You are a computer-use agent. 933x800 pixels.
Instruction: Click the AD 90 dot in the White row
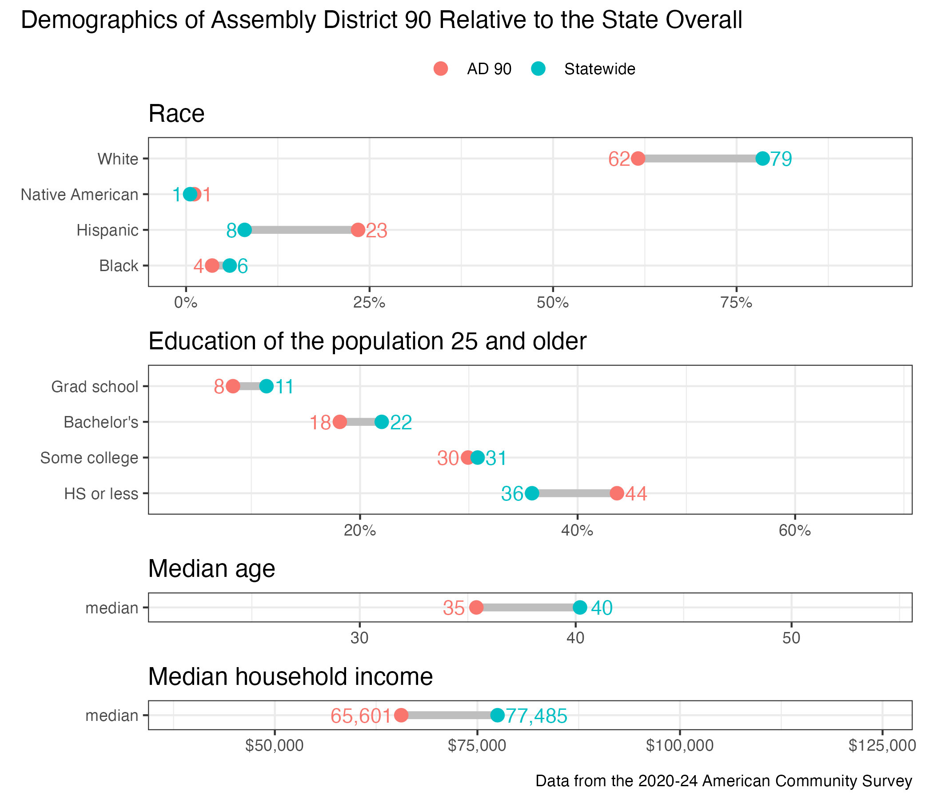click(x=638, y=159)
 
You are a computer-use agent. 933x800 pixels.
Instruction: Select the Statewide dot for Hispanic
click(x=244, y=230)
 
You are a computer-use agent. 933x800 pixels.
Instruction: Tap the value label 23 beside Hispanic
click(x=376, y=231)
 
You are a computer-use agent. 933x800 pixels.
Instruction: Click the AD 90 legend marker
click(x=441, y=69)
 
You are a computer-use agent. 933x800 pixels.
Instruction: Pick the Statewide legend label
click(x=599, y=69)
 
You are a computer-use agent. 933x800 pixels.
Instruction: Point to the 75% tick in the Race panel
click(x=736, y=303)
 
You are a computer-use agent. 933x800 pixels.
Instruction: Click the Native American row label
click(x=80, y=195)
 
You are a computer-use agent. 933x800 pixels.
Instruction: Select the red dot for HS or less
click(x=617, y=493)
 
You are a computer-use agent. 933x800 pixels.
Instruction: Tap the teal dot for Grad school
click(x=267, y=387)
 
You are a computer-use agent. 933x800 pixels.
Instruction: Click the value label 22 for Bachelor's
click(x=401, y=423)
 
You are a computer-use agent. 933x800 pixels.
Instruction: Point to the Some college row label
click(x=89, y=458)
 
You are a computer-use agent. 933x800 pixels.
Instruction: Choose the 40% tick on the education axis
click(x=577, y=531)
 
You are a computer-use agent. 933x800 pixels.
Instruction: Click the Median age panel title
click(x=211, y=568)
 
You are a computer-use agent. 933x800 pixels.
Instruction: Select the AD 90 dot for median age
click(x=476, y=607)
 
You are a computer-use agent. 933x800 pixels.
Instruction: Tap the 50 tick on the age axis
click(x=791, y=639)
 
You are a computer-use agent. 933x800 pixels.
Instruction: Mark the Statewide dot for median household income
click(x=497, y=715)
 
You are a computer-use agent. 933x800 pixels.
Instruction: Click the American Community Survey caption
click(x=724, y=781)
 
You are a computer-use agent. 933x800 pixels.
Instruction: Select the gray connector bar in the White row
click(x=700, y=159)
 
